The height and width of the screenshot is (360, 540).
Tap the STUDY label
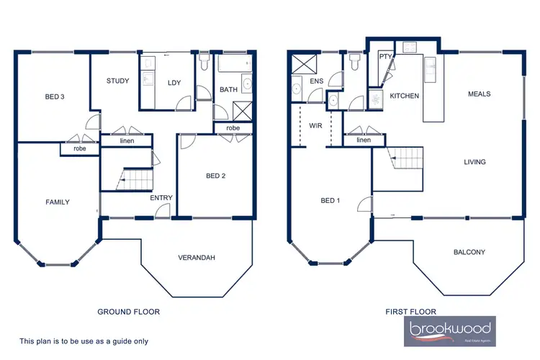point(117,81)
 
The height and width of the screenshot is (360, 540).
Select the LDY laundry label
point(174,82)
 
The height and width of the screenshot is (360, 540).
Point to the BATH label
point(229,90)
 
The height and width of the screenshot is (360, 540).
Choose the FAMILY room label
point(57,202)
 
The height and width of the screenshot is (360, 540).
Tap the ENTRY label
point(161,197)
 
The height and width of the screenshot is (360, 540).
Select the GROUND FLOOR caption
point(128,312)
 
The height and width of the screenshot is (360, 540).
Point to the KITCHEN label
point(405,96)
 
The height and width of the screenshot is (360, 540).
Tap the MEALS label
point(479,94)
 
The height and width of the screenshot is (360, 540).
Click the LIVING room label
point(474,162)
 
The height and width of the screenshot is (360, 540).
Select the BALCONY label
point(469,252)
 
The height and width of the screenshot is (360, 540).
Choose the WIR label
point(315,126)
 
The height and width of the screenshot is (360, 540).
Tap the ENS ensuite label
point(317,81)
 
